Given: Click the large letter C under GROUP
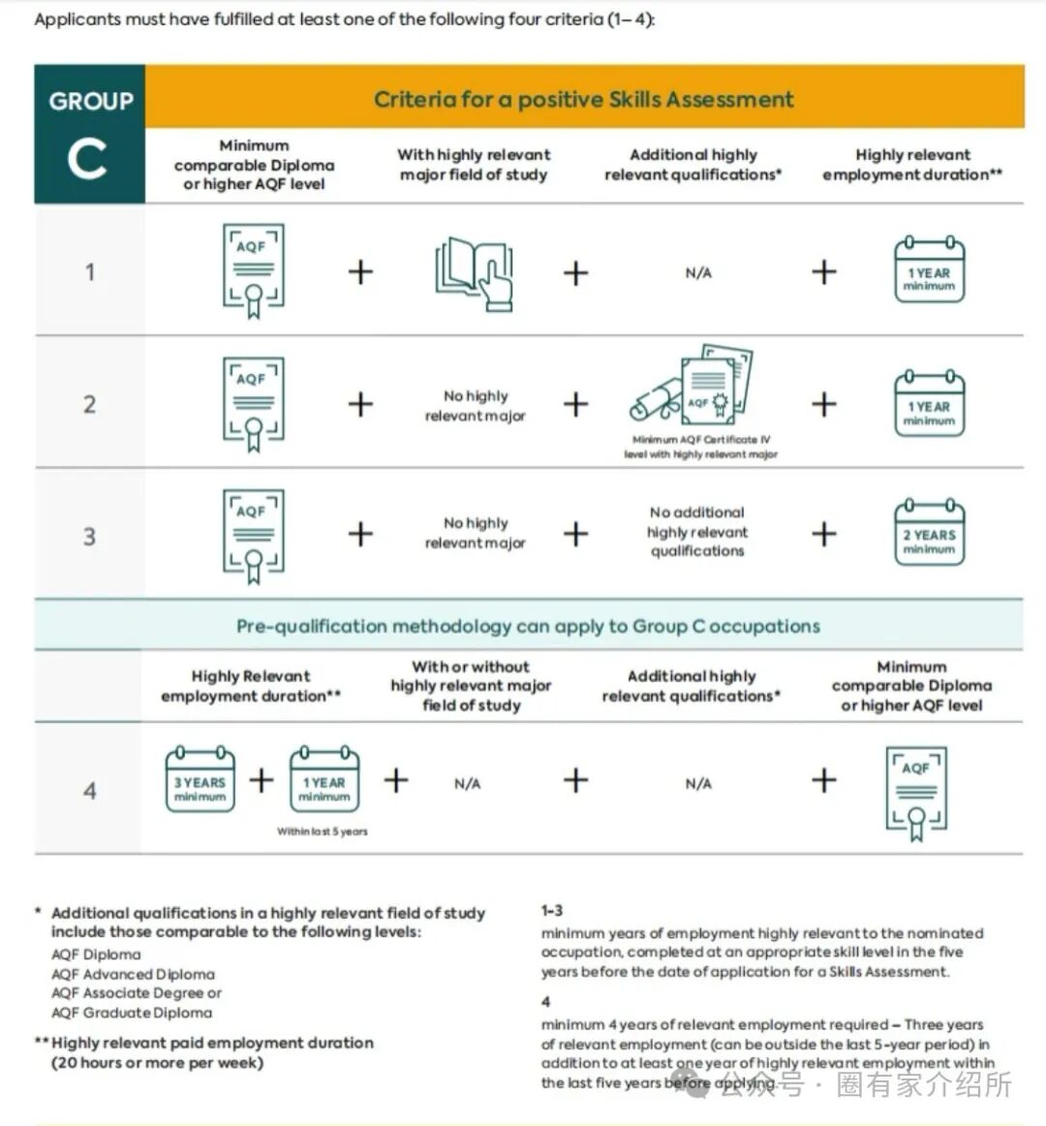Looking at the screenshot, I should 87,159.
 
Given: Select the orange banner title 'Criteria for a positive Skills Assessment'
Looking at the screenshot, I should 583,99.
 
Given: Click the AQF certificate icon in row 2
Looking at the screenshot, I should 254,404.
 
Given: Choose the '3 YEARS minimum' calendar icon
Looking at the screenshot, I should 200,780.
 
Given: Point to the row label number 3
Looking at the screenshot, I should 89,536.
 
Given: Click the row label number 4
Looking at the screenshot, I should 89,791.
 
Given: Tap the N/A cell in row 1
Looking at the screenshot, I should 697,273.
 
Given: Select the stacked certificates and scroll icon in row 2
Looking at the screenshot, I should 692,388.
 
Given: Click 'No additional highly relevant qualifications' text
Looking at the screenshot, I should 697,531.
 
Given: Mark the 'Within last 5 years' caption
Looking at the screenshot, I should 323,831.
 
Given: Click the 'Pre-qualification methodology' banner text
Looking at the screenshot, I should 528,626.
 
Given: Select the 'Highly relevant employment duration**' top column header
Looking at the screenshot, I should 912,165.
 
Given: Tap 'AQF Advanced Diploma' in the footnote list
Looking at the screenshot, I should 133,974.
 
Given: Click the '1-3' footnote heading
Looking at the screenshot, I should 552,911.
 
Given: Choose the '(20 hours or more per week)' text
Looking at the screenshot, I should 157,1062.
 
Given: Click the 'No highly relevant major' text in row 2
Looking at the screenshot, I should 475,405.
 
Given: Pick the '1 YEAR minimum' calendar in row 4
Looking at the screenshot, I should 323,780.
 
